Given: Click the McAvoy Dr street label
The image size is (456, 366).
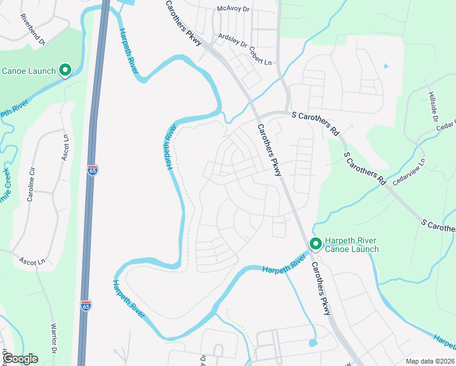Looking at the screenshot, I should [x=233, y=9].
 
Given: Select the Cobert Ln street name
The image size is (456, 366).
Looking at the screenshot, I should [x=260, y=58].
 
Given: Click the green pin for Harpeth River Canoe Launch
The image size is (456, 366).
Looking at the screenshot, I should [x=316, y=244].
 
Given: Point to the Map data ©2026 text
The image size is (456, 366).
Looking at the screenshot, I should [x=429, y=361].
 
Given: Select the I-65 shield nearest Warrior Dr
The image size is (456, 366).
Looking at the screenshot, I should [x=87, y=304].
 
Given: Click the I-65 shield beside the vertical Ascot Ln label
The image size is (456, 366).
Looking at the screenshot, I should [x=93, y=170].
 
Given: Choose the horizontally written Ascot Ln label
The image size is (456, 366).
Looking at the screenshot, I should [x=32, y=262].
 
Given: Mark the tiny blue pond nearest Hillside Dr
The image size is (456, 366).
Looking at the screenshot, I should [x=385, y=65].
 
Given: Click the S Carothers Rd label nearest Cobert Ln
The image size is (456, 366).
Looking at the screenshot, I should [x=315, y=123].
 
